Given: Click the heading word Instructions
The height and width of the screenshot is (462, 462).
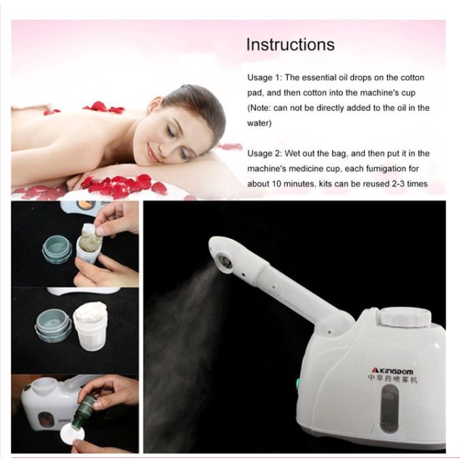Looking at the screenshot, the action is point(291,44).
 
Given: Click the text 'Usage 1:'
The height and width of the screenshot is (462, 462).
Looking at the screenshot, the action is point(265,78).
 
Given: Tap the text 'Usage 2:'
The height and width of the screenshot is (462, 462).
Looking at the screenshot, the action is point(265,153).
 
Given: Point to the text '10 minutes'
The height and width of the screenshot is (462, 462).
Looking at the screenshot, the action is point(293,184).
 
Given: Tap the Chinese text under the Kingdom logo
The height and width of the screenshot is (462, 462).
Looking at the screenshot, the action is point(393,379).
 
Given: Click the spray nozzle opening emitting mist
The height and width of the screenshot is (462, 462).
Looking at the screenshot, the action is point(225,260).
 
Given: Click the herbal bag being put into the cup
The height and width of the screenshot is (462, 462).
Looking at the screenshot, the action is point(90,240).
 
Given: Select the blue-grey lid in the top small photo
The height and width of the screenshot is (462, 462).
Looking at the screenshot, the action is point(57,250).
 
